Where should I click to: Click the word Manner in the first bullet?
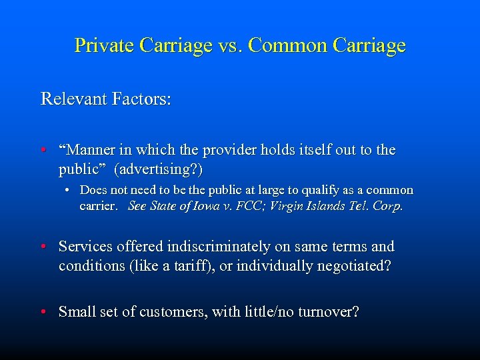coord(89,151)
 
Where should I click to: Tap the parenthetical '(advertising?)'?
coord(159,169)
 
